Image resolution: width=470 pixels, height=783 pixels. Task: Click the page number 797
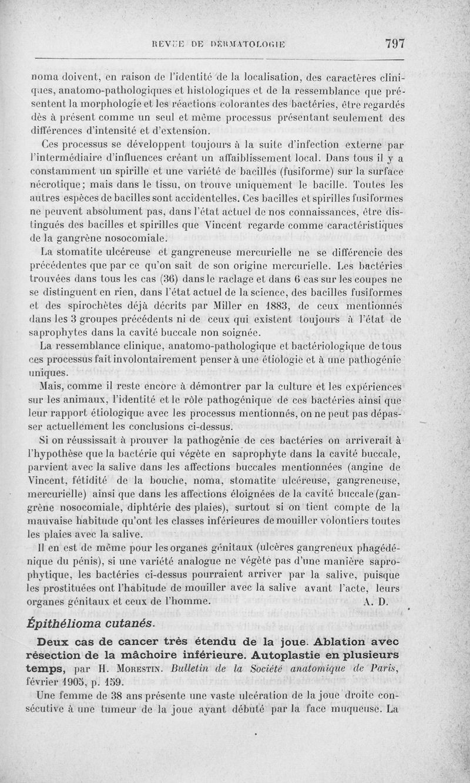pos(395,43)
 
